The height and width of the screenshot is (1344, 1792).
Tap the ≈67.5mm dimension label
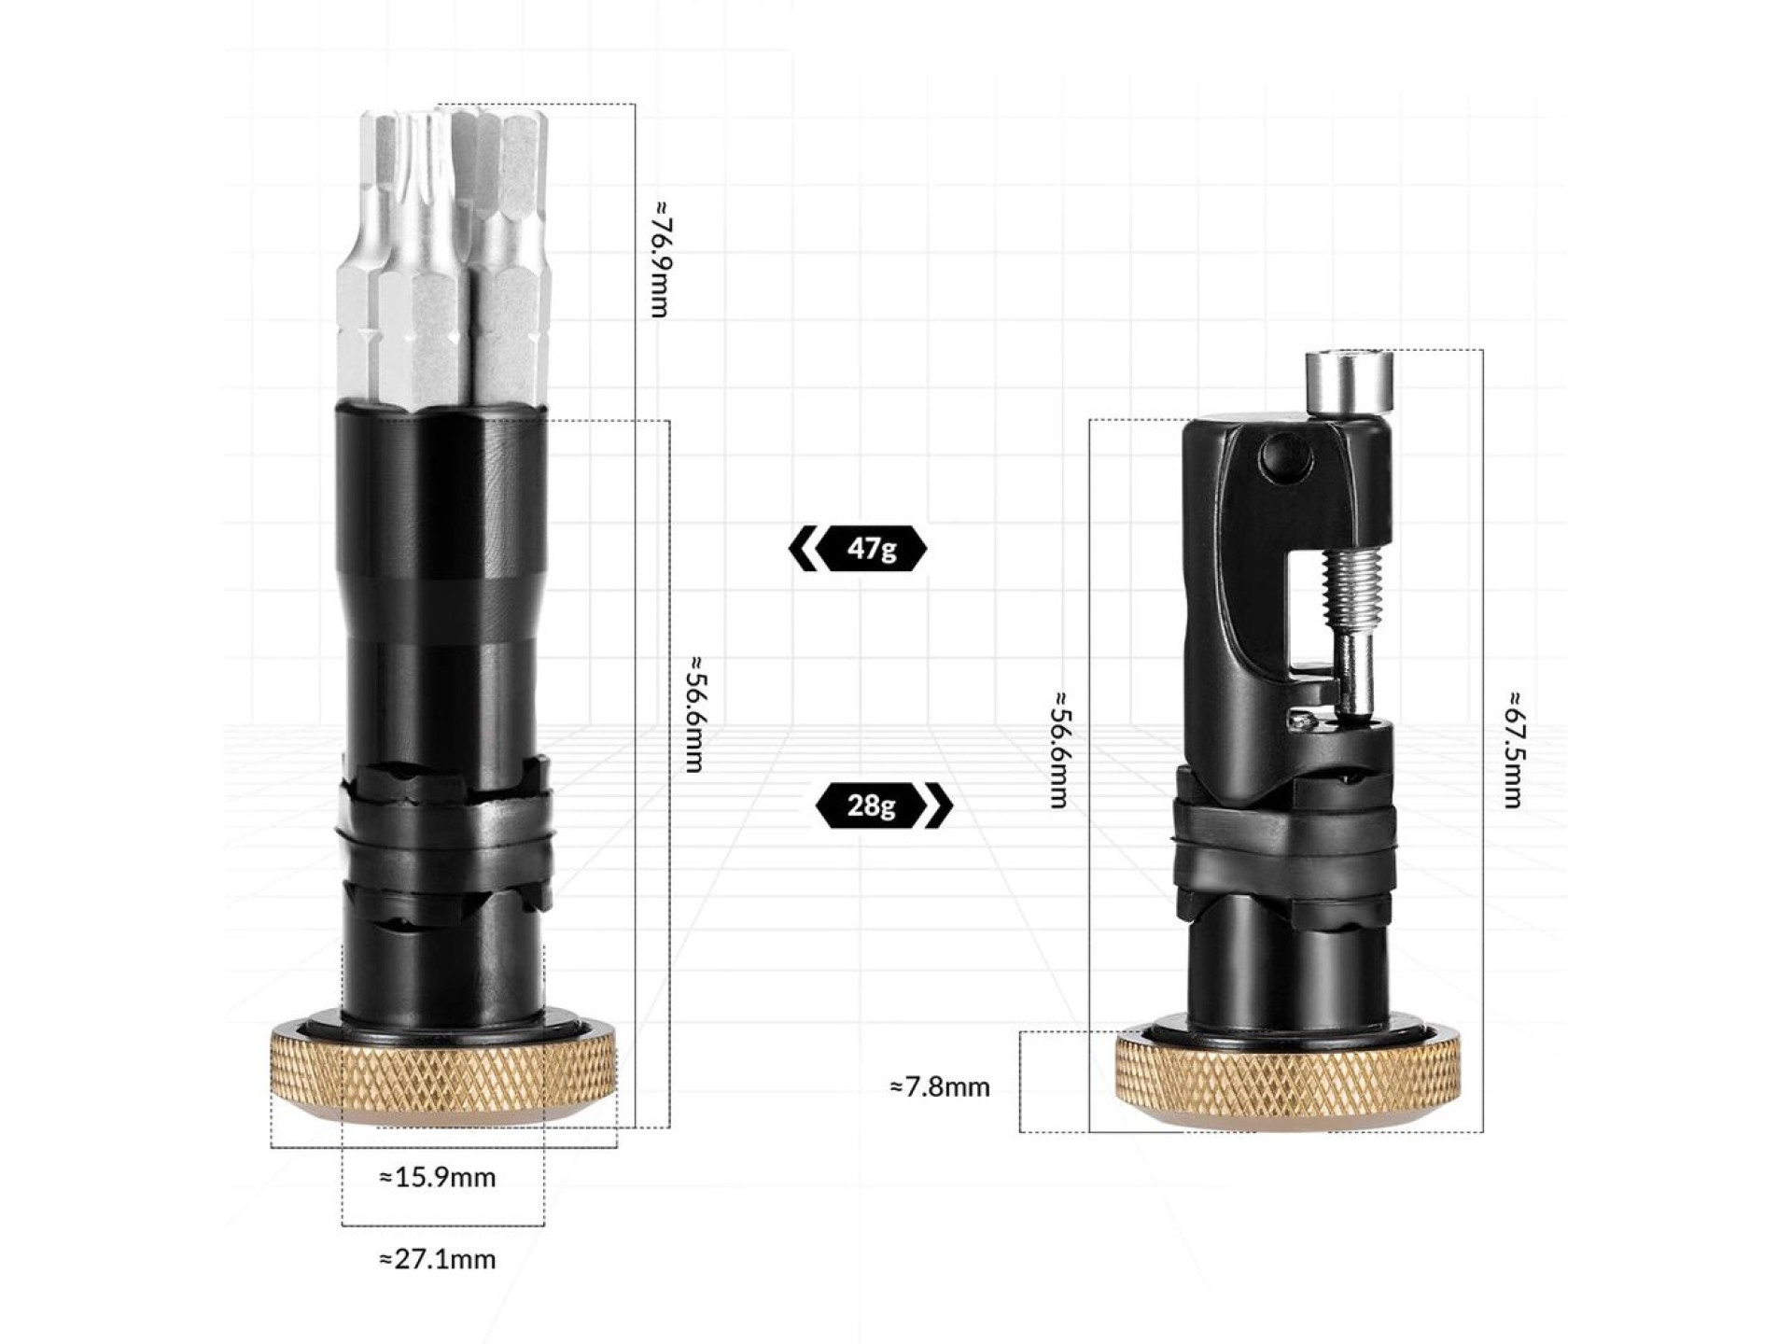1513,749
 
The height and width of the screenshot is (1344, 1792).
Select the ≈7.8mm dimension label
940,1087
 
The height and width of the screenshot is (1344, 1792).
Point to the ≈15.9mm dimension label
438,1177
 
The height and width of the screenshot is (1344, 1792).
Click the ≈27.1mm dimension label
438,1259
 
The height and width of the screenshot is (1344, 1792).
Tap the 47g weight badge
858,548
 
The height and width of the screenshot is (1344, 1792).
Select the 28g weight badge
884,805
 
